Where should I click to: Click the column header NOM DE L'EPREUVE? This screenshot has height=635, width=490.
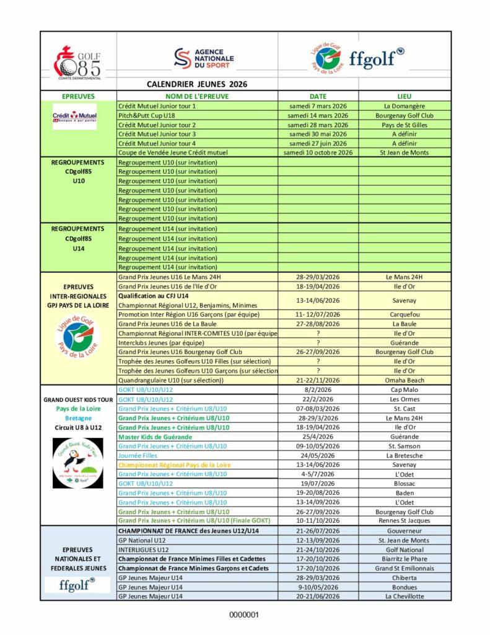coord(197,96)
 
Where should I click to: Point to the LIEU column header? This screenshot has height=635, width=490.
coord(405,96)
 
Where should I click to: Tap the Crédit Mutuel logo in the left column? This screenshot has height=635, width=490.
coord(74,116)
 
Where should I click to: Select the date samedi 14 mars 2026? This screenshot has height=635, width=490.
coord(318,115)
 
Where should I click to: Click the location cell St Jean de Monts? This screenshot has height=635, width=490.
coord(405,152)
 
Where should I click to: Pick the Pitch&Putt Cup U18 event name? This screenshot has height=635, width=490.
coord(148,115)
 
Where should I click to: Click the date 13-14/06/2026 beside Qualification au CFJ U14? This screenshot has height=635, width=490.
coord(318,300)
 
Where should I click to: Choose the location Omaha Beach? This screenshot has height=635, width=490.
coord(405,380)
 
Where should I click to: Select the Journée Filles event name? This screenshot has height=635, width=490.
coord(138,455)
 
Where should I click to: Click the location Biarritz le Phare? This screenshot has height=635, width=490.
coord(405,559)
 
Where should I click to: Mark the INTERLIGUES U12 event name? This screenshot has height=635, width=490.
coord(143,549)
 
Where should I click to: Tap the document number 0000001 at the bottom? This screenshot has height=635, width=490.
coord(245,615)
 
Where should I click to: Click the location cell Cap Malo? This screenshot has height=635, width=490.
coord(405,390)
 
